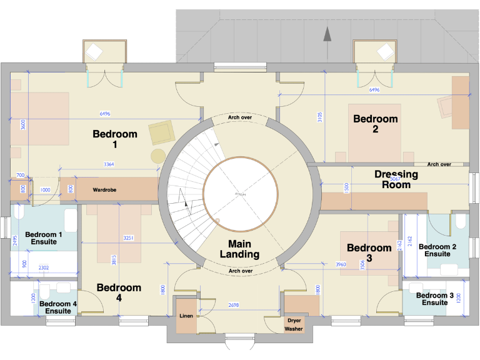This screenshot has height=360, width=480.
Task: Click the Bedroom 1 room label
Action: [114, 139]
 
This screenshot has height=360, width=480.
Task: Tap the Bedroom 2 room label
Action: [375, 124]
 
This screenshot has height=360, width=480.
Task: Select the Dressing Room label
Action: [396, 179]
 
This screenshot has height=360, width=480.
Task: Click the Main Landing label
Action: [240, 249]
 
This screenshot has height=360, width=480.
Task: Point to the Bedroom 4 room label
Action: [119, 293]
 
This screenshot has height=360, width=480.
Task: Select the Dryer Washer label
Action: [294, 324]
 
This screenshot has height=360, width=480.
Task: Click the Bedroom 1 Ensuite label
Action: [44, 239]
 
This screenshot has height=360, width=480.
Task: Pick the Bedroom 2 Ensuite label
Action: [437, 250]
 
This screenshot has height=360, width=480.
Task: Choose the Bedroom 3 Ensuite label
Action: [434, 299]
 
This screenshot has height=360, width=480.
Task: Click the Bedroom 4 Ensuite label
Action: [59, 307]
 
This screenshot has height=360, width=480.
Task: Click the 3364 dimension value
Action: [109, 164]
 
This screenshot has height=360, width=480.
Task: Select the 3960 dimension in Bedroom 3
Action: [341, 264]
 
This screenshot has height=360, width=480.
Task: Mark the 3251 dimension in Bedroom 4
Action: [128, 238]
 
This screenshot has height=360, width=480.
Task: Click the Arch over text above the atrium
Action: [240, 117]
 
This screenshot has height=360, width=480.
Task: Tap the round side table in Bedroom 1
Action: [158, 156]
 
